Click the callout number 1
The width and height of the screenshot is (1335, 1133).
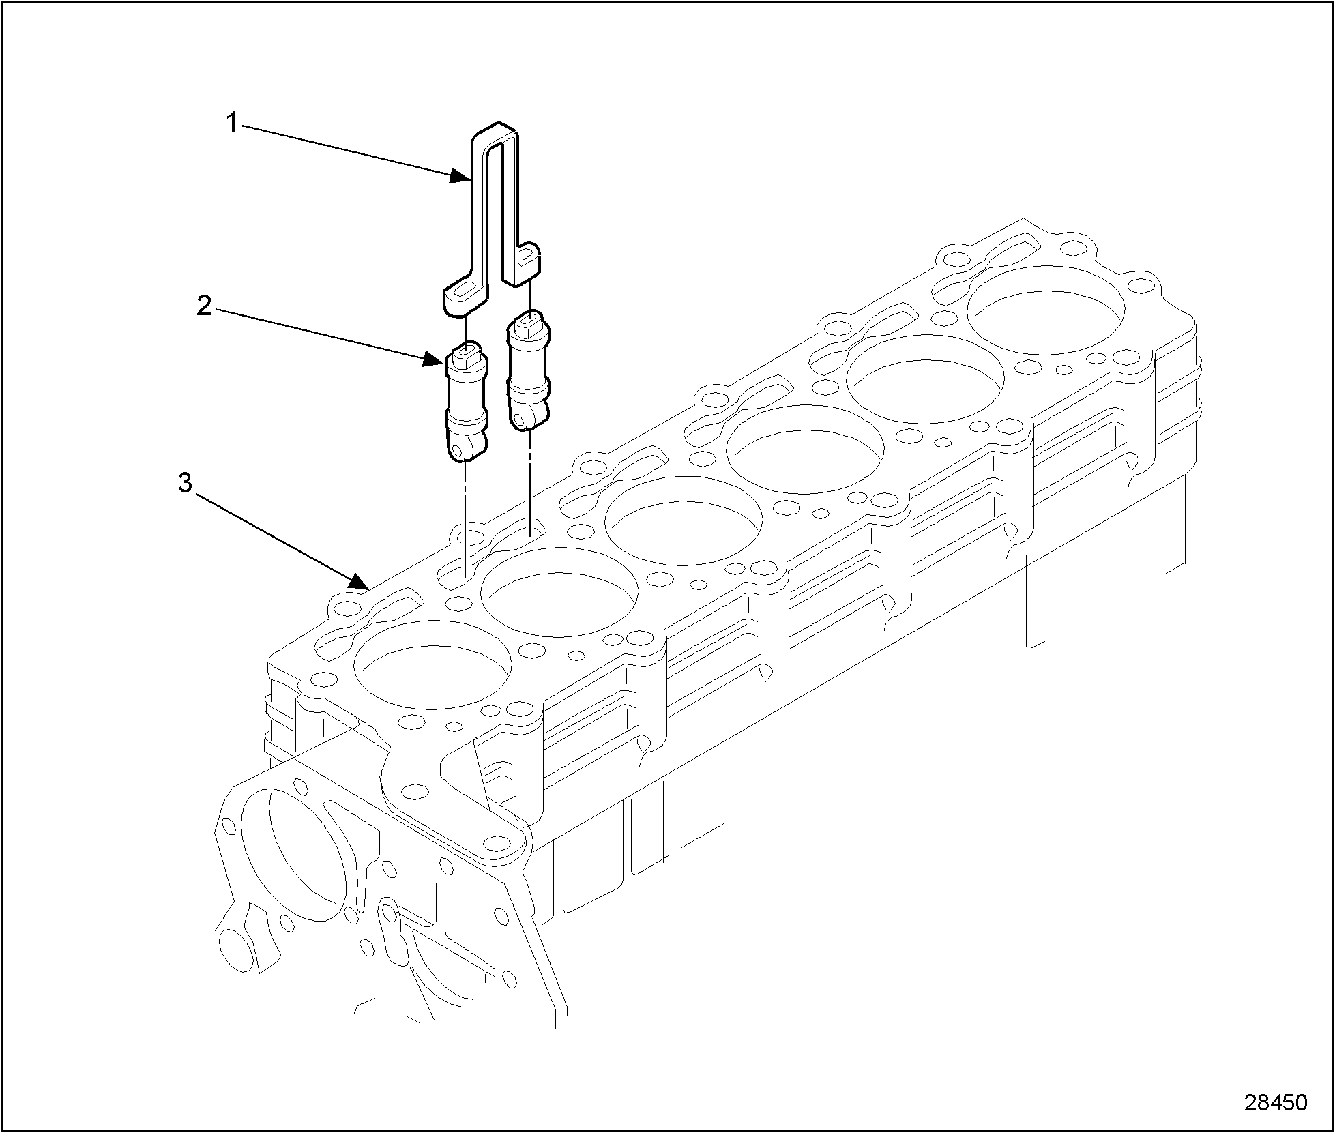[x=231, y=123]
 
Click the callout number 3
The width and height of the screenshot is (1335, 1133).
[x=184, y=484]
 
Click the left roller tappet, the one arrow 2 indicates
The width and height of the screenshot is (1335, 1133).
[x=467, y=406]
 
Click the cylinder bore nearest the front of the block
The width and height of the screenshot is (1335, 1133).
[x=432, y=665]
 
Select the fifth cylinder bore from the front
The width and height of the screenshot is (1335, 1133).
[x=926, y=379]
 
